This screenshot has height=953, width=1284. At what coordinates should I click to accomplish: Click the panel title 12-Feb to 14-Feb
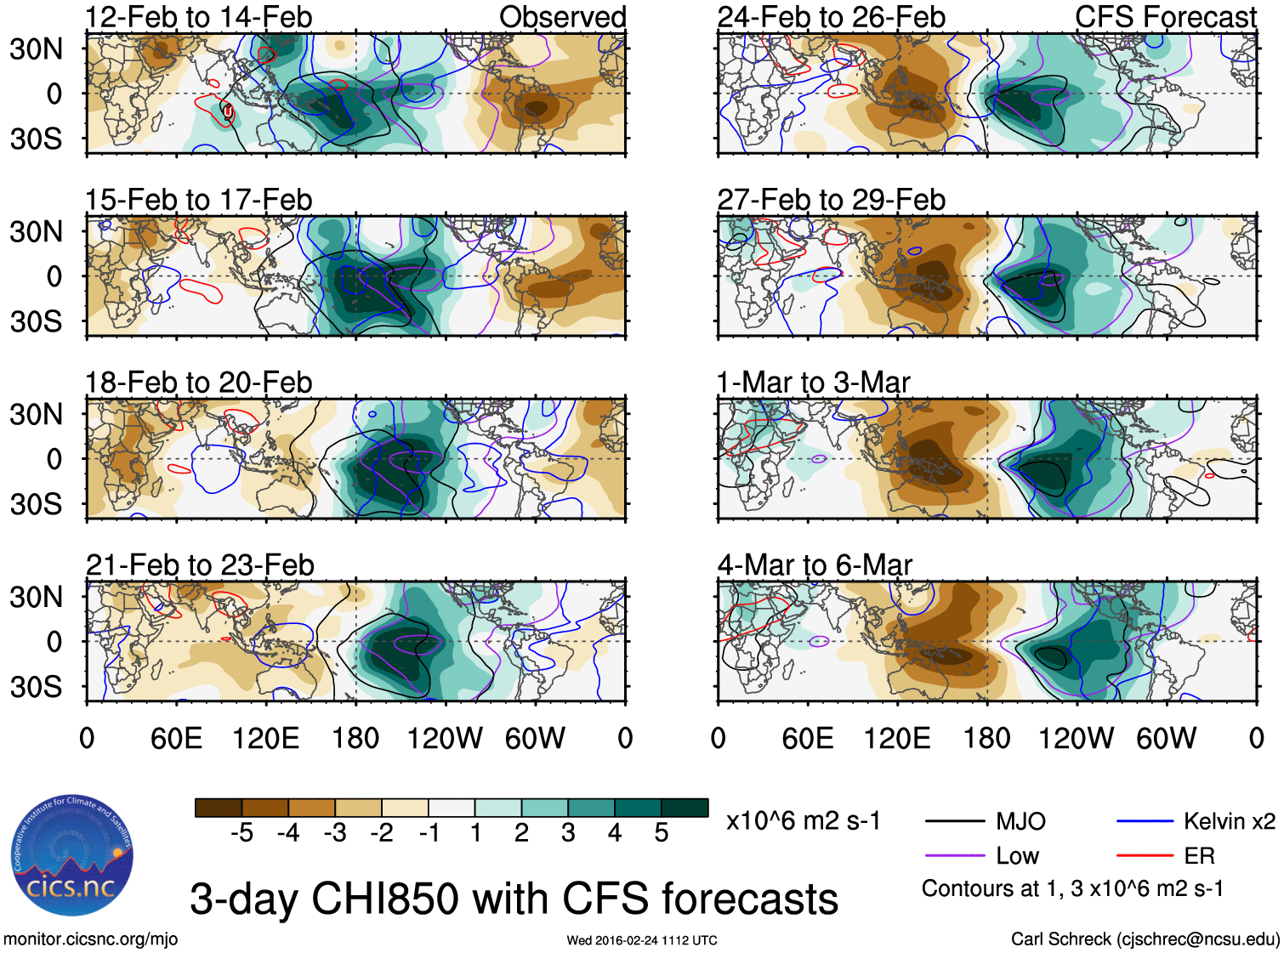(x=198, y=17)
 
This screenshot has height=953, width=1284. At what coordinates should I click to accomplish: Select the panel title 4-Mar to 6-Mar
(x=815, y=565)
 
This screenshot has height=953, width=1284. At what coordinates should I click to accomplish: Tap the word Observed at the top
(x=562, y=17)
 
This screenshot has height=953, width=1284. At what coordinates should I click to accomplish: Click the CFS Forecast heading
(x=1165, y=17)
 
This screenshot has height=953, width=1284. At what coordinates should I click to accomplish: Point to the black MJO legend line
(x=955, y=821)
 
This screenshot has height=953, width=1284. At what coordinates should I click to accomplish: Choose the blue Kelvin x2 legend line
(x=1145, y=821)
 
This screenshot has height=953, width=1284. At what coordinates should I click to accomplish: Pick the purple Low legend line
(x=955, y=856)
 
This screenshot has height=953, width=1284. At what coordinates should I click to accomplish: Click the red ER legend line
(x=1145, y=856)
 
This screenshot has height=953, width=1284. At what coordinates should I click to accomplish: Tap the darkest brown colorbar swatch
(x=219, y=808)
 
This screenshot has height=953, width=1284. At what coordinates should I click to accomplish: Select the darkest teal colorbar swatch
(x=685, y=808)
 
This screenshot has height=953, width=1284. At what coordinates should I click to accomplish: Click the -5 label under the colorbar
(x=241, y=833)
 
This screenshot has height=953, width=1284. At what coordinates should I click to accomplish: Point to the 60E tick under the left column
(x=176, y=738)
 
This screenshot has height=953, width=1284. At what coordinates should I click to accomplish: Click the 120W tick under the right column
(x=1076, y=738)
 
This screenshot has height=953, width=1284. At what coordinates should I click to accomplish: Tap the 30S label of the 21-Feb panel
(x=36, y=687)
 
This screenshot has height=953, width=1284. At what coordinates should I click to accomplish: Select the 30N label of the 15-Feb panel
(x=36, y=231)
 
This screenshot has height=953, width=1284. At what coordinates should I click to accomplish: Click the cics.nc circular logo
(x=72, y=856)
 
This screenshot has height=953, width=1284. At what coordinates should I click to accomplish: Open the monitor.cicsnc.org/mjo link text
(x=90, y=939)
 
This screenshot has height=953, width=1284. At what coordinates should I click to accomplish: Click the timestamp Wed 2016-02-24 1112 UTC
(x=642, y=940)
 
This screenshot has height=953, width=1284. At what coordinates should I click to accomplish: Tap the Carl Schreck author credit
(x=1145, y=939)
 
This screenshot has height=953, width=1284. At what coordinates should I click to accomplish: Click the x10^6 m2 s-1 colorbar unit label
(x=803, y=821)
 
